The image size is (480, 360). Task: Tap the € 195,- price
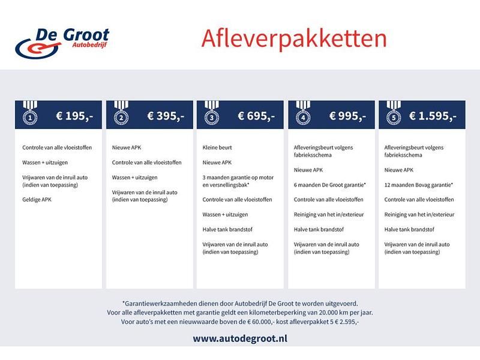74,116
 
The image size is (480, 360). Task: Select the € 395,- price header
165,116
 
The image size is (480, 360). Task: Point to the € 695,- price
256,116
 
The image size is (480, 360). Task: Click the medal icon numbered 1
29,115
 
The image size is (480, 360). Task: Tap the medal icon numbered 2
120,115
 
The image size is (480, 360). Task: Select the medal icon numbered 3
211,115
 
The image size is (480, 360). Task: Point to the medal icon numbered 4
302,115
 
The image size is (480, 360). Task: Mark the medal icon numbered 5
392,115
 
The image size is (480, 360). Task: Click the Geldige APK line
37,207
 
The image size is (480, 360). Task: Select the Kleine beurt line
217,147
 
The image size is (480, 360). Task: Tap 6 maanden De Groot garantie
330,184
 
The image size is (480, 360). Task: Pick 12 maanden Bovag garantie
419,184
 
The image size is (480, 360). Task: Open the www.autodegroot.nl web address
240,339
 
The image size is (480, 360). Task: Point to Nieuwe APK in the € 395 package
125,147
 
